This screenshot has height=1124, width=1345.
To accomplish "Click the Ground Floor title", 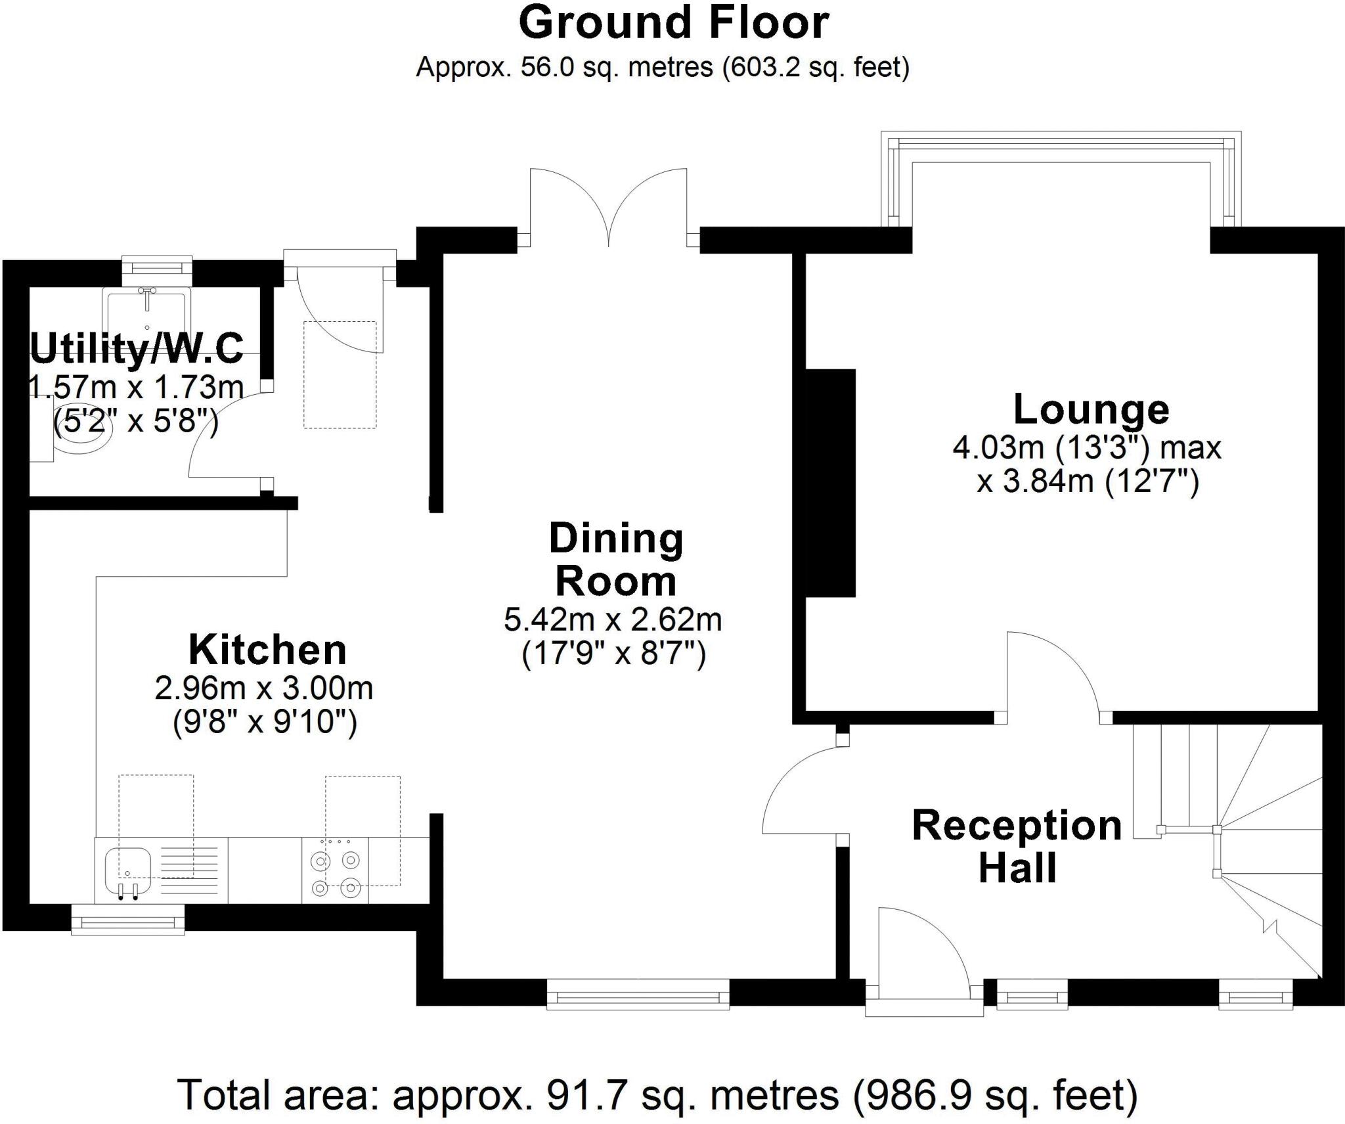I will tap(673, 24).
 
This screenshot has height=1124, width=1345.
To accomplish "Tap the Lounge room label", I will tap(1091, 409).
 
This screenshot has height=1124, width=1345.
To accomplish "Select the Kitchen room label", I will tap(267, 650).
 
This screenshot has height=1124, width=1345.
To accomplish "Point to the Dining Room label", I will tap(615, 560).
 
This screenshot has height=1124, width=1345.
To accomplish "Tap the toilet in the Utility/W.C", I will tap(79, 437).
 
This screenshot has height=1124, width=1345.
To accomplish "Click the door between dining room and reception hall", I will tap(805, 792).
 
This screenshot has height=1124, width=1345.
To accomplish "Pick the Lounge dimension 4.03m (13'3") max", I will tap(1087, 449).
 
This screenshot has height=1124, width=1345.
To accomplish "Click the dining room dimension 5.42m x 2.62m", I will tap(613, 619).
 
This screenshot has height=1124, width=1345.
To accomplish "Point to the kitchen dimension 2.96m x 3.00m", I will tap(264, 688).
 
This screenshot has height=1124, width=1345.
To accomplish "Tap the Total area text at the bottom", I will tap(657, 1095).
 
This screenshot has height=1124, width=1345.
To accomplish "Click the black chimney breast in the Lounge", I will tap(830, 483).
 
